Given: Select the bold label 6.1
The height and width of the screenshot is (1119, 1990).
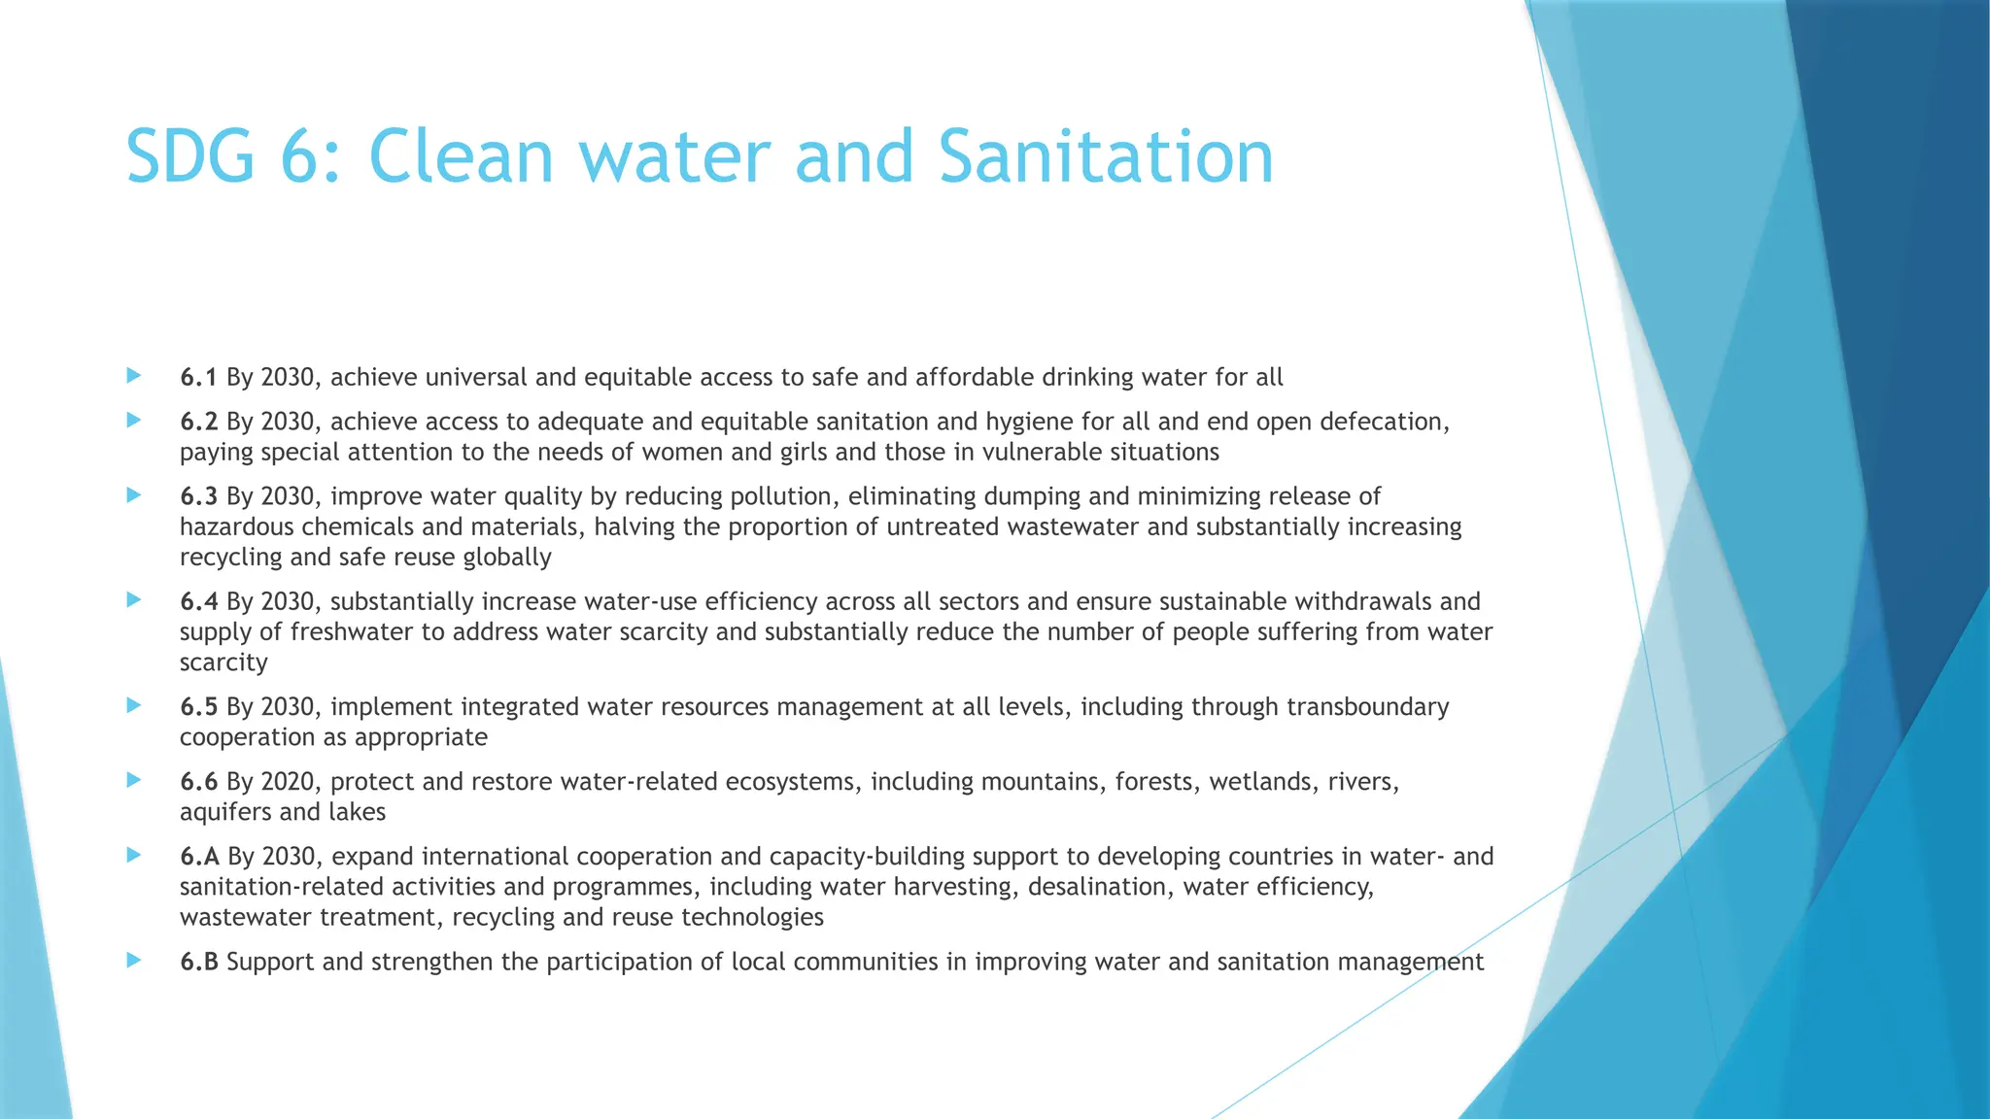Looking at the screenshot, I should pyautogui.click(x=198, y=377).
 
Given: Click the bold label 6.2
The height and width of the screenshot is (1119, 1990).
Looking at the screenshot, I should pyautogui.click(x=198, y=422).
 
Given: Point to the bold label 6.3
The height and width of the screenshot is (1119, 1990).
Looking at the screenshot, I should pyautogui.click(x=198, y=496).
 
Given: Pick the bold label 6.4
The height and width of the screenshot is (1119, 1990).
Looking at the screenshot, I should pyautogui.click(x=198, y=601).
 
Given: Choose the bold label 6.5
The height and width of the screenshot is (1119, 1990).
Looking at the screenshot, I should pyautogui.click(x=198, y=706).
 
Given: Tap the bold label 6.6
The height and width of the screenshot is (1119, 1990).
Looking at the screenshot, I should pyautogui.click(x=198, y=781).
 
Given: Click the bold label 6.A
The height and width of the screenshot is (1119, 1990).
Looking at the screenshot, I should pyautogui.click(x=199, y=856).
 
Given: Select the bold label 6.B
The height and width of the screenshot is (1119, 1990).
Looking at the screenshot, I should pyautogui.click(x=199, y=962).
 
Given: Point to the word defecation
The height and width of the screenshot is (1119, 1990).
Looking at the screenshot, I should pyautogui.click(x=1380, y=422).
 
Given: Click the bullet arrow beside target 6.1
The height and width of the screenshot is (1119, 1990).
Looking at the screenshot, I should pyautogui.click(x=134, y=375).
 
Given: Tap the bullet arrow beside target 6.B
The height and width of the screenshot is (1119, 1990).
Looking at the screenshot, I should pyautogui.click(x=134, y=960).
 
